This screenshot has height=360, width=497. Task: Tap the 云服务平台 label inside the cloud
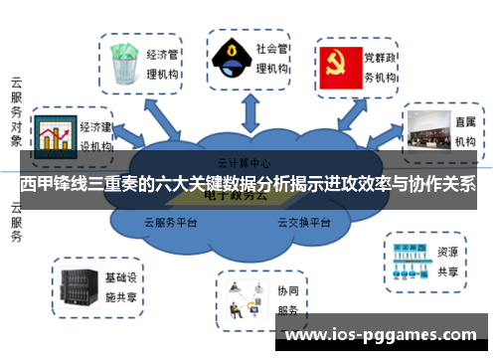pos(175,222)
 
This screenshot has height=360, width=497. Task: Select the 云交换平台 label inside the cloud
pos(304,222)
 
